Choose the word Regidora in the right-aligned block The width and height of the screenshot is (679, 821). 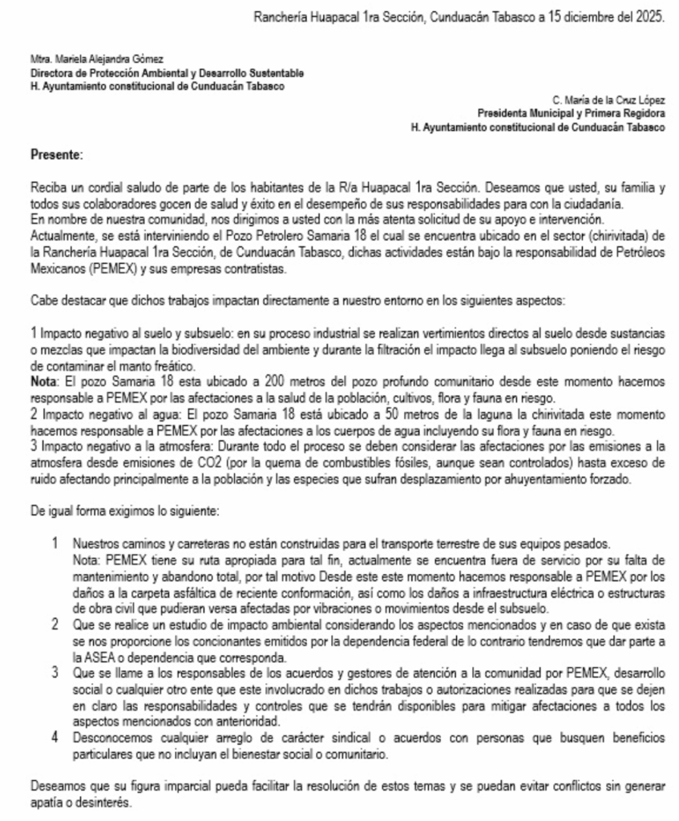[x=643, y=113]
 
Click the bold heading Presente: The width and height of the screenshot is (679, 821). [x=56, y=153]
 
